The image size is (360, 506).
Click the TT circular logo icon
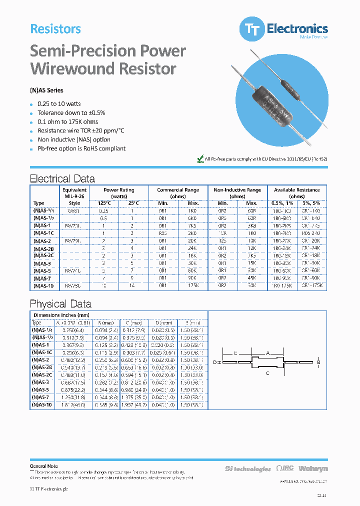click(x=252, y=29)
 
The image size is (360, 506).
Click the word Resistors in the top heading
click(x=55, y=29)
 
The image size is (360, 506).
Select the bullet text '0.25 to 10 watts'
click(x=59, y=103)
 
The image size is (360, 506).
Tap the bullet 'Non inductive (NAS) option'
click(x=74, y=139)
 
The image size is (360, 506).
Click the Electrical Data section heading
click(x=62, y=178)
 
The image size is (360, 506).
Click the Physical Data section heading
click(x=60, y=303)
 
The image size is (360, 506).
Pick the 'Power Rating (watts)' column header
click(x=118, y=193)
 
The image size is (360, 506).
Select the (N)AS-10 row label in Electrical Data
click(x=43, y=285)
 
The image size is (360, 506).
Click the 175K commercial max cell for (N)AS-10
click(x=192, y=285)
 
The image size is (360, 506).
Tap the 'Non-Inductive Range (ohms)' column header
click(x=237, y=193)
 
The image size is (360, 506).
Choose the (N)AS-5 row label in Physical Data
click(x=41, y=389)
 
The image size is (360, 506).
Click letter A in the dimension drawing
click(x=267, y=353)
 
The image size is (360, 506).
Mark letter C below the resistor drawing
click(x=268, y=372)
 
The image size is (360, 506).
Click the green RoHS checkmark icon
click(x=200, y=158)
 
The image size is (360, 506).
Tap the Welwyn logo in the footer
click(x=313, y=468)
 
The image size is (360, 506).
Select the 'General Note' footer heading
click(x=44, y=465)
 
